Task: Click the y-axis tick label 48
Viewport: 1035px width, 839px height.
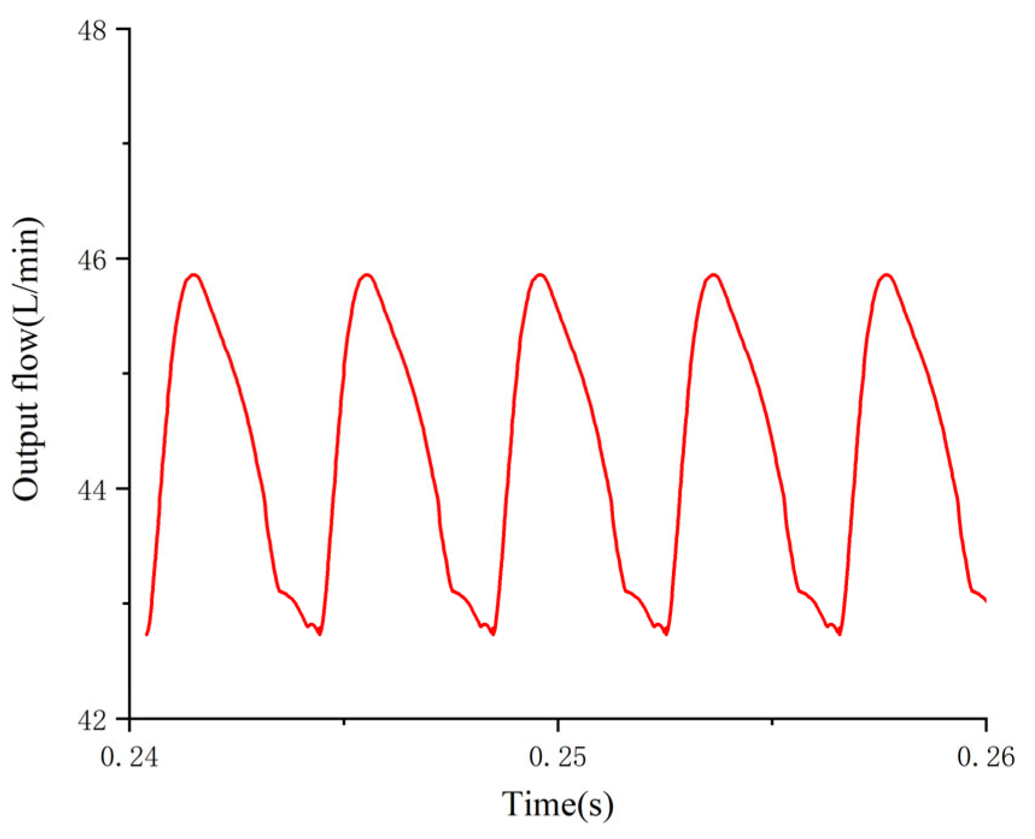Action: (x=92, y=30)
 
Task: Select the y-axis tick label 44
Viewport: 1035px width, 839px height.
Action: (x=92, y=490)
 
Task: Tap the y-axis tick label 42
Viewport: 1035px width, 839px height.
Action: (x=92, y=719)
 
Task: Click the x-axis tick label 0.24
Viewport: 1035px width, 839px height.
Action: (x=130, y=757)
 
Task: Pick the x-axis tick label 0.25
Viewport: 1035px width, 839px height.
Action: (x=558, y=757)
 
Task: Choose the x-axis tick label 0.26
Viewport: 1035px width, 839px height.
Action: (x=986, y=757)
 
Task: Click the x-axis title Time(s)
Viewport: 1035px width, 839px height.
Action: (x=558, y=805)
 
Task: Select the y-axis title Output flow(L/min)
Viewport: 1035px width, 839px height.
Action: (x=27, y=359)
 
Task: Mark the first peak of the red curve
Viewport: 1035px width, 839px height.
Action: (x=193, y=275)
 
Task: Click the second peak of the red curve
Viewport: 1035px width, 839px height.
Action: (x=367, y=275)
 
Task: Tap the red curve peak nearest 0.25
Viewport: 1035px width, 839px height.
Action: (x=541, y=275)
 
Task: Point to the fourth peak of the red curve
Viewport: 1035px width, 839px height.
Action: (x=714, y=275)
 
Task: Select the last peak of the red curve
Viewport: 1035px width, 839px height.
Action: (x=887, y=275)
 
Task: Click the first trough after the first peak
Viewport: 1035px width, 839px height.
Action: (x=319, y=634)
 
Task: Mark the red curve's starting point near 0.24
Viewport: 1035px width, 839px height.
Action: (x=146, y=634)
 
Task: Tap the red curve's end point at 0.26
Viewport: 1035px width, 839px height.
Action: (x=986, y=600)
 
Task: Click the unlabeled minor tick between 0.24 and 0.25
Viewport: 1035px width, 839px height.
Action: (x=344, y=722)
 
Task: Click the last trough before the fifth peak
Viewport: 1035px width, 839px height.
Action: (x=839, y=634)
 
